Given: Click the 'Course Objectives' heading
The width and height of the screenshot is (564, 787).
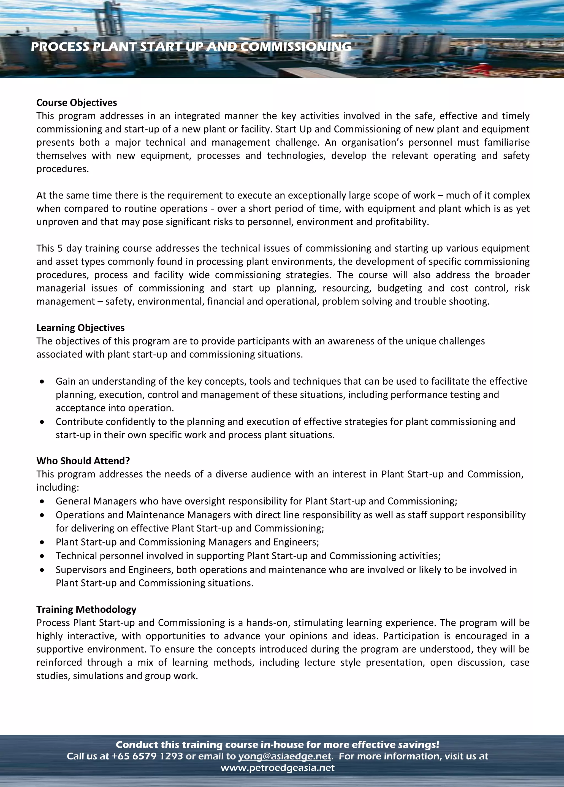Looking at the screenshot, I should [x=77, y=103].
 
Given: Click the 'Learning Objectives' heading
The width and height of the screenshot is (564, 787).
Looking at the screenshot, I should [x=80, y=328].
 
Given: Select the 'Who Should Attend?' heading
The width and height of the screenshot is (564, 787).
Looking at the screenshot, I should [x=83, y=461].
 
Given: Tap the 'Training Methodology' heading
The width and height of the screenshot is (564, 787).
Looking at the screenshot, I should [x=86, y=609].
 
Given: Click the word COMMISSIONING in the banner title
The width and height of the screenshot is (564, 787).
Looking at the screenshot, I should [x=296, y=47].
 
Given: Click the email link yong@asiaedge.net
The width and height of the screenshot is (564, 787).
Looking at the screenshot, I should [x=284, y=756].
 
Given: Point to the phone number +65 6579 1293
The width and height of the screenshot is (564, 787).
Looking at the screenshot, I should [x=147, y=756].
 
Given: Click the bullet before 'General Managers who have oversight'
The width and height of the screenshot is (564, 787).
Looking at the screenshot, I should [x=42, y=501].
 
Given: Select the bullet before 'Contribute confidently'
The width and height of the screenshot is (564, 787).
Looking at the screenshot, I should [x=42, y=422].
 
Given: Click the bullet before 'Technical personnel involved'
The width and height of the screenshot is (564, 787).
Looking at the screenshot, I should [x=42, y=556].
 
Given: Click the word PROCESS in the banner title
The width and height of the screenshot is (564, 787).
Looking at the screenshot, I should [x=60, y=47].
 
